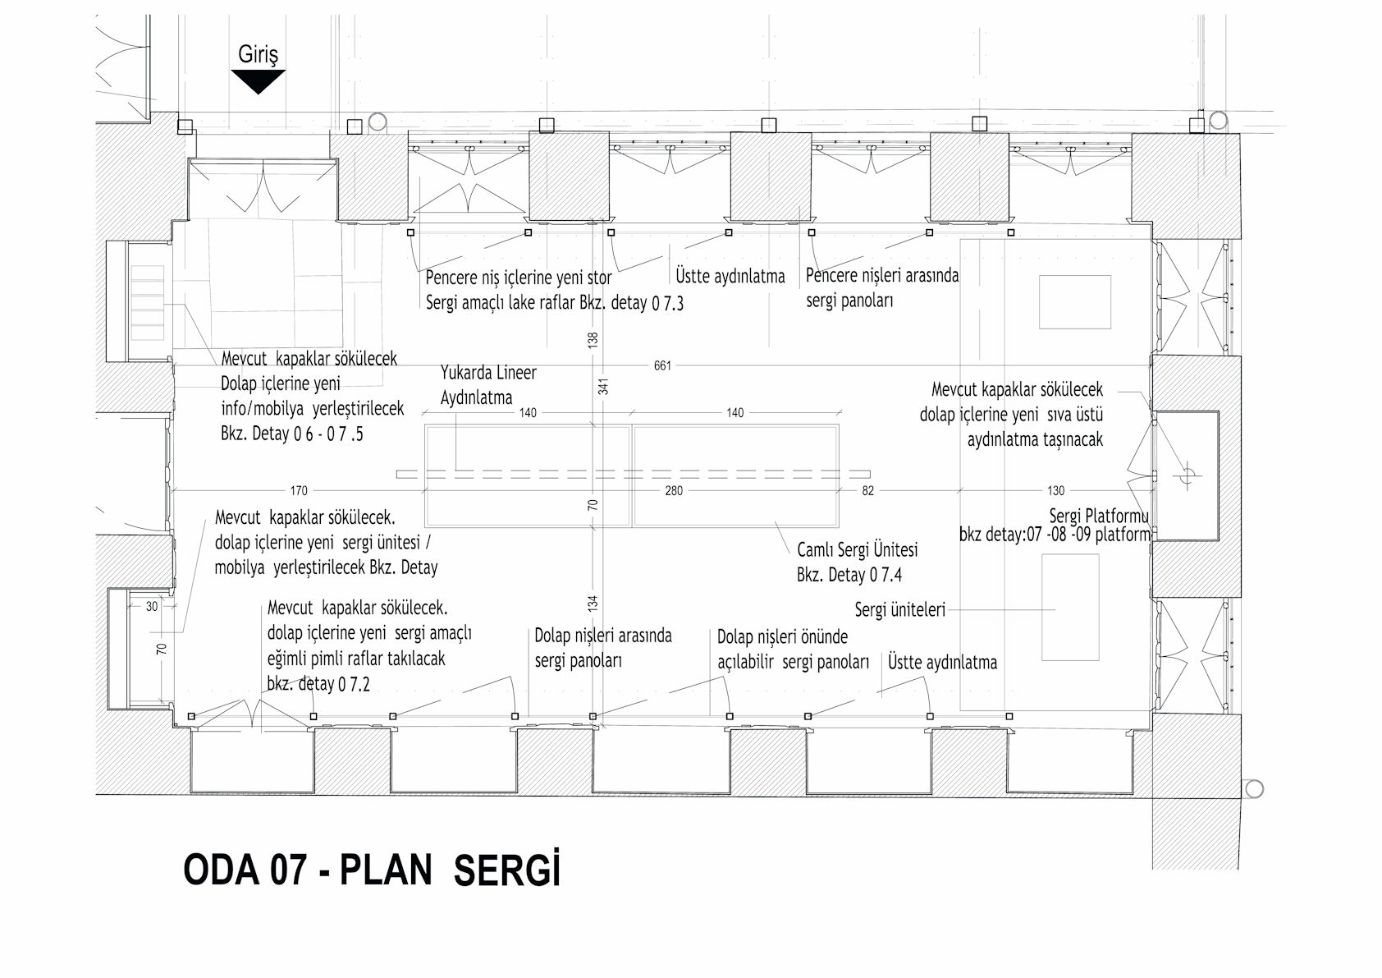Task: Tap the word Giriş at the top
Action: [258, 54]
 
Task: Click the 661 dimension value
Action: [662, 365]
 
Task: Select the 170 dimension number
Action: [299, 490]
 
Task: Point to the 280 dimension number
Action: [674, 490]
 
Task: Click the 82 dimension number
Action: [867, 490]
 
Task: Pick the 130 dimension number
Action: [1055, 490]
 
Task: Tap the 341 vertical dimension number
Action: [603, 387]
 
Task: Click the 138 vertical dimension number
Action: [593, 340]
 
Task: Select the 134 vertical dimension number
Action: [593, 604]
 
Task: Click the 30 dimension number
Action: [152, 606]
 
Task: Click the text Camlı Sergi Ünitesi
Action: [857, 549]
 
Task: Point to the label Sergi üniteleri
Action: [899, 610]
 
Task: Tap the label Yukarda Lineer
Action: [488, 372]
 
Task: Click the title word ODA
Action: [222, 870]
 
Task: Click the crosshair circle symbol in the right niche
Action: [1187, 475]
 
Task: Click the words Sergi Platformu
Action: [1099, 516]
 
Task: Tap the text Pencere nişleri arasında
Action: [882, 275]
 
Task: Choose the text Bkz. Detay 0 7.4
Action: [849, 575]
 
